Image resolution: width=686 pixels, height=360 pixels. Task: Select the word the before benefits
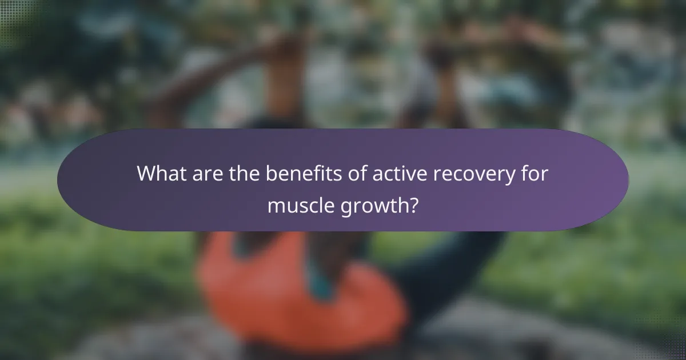click(x=244, y=173)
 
